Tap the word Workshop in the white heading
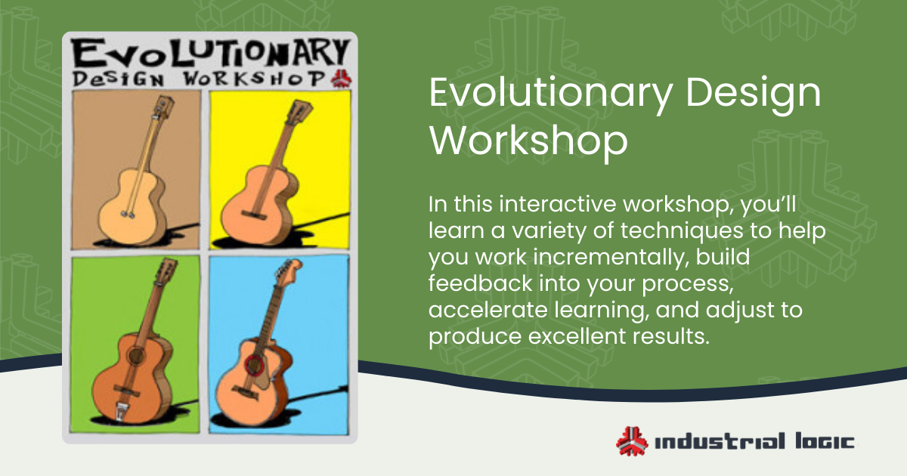click(x=528, y=142)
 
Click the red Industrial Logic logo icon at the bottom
click(x=631, y=441)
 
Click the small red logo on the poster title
click(x=339, y=78)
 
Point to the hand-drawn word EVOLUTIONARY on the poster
click(x=209, y=55)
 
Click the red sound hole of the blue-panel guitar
click(x=255, y=366)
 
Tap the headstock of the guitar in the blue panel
click(x=290, y=270)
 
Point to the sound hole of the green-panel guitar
click(x=135, y=356)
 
